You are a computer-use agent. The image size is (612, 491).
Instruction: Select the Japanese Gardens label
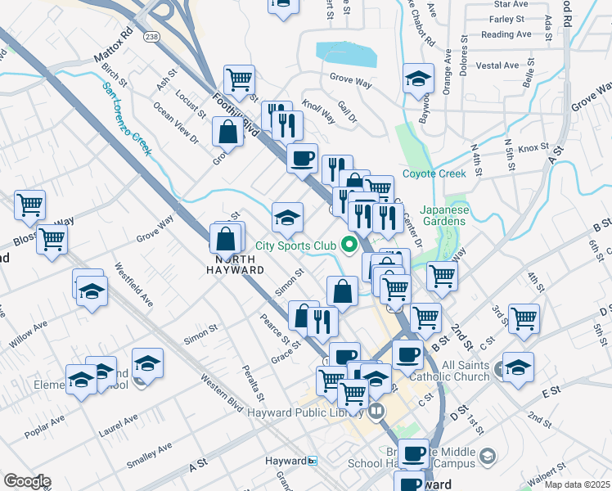tap(443, 215)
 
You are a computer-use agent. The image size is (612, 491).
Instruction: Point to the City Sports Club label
tap(296, 245)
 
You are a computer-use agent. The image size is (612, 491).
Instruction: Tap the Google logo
tap(27, 480)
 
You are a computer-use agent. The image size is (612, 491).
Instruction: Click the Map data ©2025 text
tap(576, 484)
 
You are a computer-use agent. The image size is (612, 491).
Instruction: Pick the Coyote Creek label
tap(434, 173)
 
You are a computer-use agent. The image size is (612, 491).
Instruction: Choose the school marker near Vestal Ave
tap(418, 79)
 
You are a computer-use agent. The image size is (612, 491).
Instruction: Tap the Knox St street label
tap(533, 148)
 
